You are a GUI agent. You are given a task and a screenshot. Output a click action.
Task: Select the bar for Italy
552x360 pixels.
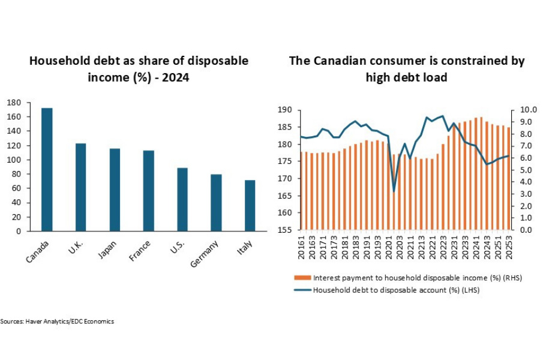coord(250,205)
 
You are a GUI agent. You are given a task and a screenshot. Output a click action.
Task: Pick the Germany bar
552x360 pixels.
coord(216,202)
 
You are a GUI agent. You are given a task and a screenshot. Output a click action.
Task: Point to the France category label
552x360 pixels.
coord(139,251)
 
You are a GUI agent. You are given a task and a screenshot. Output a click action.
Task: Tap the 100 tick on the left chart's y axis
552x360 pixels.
coord(14,160)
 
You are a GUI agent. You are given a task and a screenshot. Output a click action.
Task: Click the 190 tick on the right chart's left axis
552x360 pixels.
coord(284,110)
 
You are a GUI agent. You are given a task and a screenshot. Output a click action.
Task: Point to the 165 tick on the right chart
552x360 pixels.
coord(284,196)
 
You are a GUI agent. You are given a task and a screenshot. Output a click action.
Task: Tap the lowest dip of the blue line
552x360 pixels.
coord(394,191)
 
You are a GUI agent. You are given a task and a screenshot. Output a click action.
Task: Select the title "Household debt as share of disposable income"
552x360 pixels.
coord(139,69)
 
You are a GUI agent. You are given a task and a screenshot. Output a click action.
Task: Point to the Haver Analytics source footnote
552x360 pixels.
coord(57,322)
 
